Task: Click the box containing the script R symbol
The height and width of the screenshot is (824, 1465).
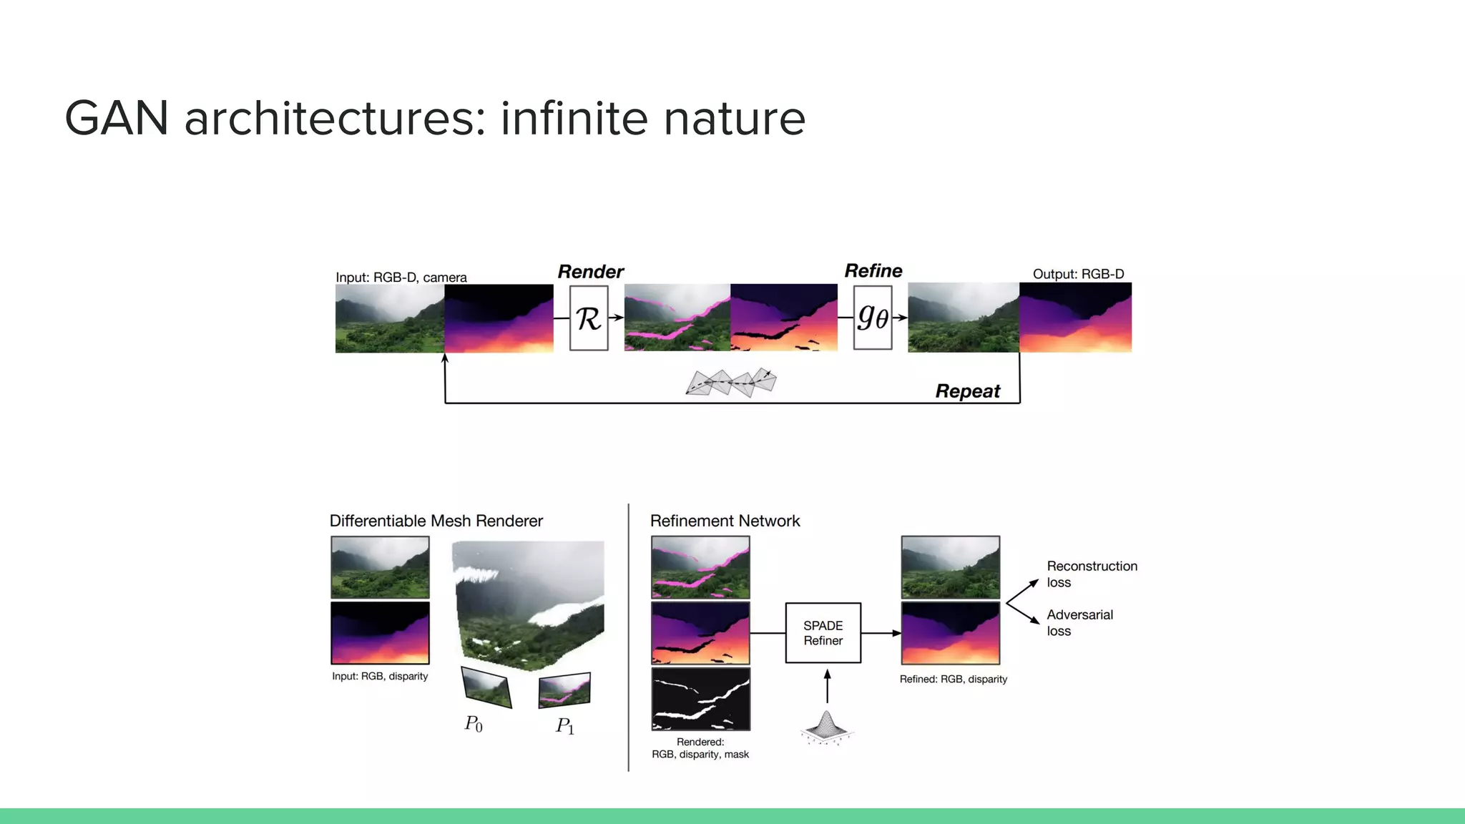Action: [589, 318]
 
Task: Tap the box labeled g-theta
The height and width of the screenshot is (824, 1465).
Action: [873, 318]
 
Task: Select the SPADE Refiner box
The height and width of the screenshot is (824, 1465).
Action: [823, 633]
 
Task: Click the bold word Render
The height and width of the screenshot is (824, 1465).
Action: [590, 272]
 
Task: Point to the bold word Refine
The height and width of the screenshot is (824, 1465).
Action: [873, 270]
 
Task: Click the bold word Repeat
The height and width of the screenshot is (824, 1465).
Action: [967, 391]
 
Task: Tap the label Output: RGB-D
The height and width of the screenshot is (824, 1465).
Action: [1078, 274]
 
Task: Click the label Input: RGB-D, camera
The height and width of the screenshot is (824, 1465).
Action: [401, 277]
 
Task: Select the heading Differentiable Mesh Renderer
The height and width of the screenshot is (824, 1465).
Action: [436, 521]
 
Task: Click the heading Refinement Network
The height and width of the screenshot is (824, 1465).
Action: [725, 521]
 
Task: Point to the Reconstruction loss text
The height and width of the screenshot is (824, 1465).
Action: [1092, 574]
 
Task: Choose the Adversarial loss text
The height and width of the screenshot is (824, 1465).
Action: [1079, 622]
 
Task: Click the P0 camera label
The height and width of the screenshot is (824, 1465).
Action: [474, 724]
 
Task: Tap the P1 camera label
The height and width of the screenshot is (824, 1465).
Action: [564, 726]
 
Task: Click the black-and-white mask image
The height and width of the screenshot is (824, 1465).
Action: [700, 699]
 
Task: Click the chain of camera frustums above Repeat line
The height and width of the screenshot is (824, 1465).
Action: [731, 383]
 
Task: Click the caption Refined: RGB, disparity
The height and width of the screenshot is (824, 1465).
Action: [953, 679]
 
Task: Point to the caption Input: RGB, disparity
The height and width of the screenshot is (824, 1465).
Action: [380, 676]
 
